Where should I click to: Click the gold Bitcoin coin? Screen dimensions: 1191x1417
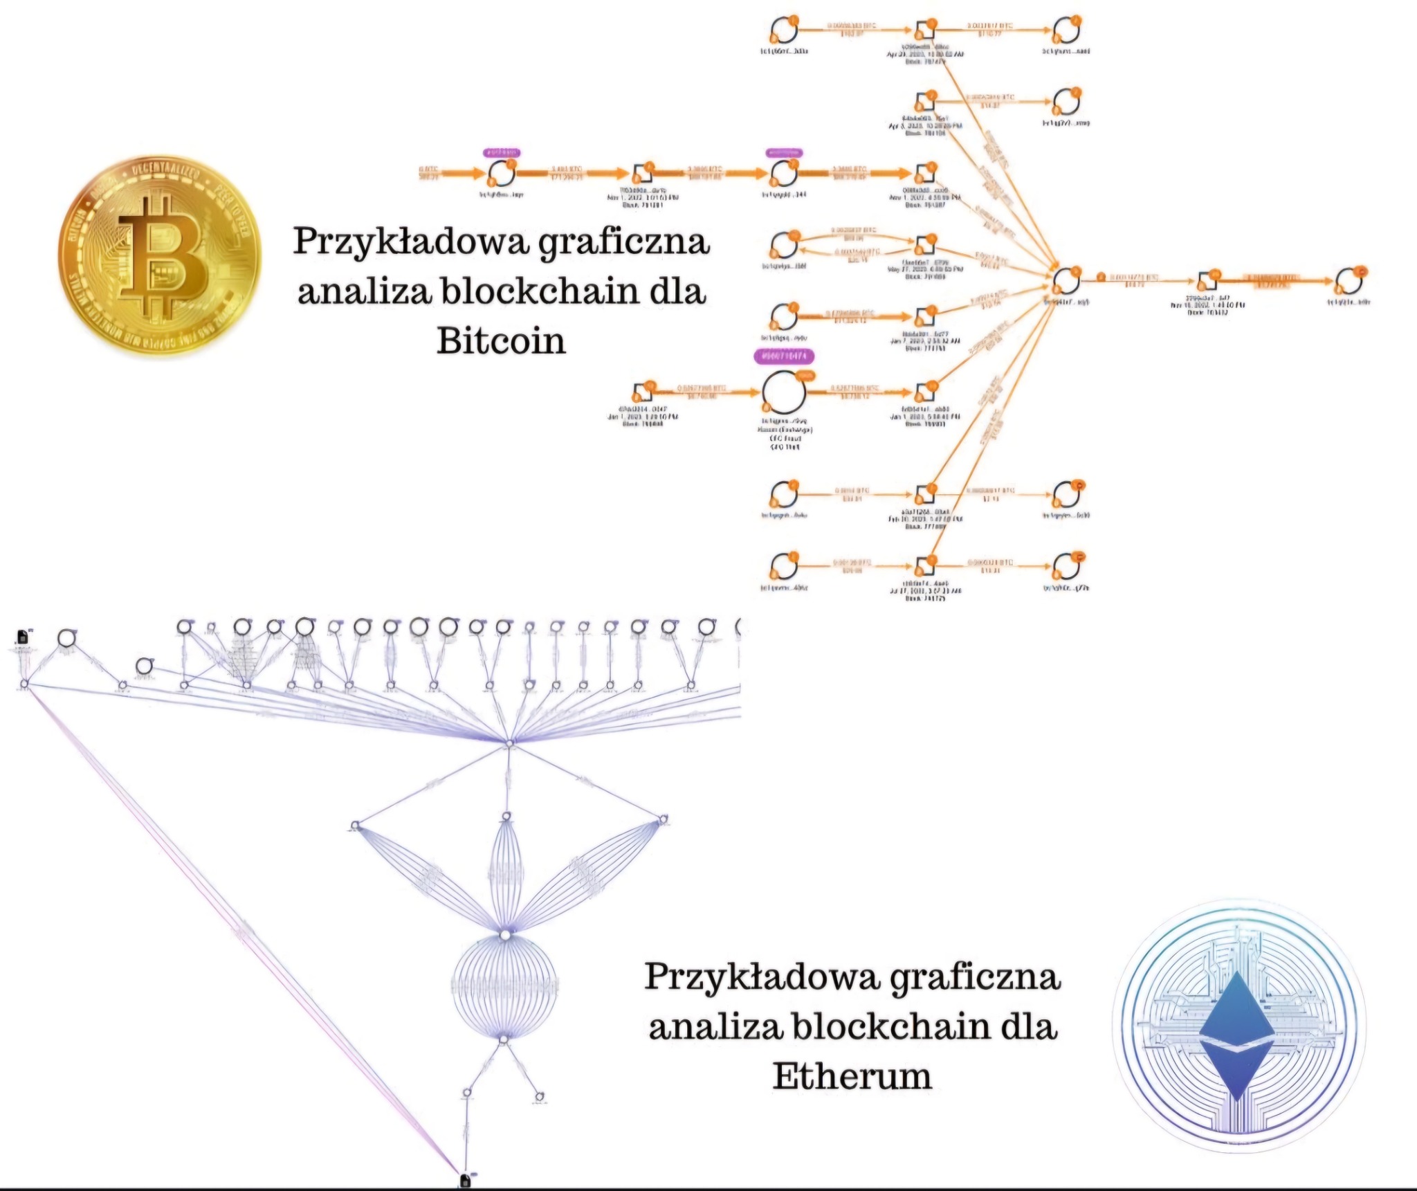pos(160,255)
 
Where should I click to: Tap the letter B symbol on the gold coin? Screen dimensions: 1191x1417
pos(163,256)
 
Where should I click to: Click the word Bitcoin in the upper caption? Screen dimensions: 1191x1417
pos(501,340)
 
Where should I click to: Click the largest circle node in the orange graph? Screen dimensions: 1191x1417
pos(784,392)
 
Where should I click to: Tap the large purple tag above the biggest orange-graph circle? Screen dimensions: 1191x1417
pos(784,356)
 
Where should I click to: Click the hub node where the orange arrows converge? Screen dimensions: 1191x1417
pos(1066,281)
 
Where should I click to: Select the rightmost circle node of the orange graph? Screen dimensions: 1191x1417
pos(1349,281)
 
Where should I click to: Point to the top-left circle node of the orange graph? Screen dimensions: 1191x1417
pos(784,31)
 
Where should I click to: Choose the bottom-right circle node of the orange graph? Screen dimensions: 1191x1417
pos(1066,567)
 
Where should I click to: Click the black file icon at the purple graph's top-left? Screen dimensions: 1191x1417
pos(22,636)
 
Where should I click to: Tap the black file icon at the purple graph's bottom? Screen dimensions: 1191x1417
pos(465,1180)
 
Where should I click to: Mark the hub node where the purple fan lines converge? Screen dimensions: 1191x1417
pos(509,743)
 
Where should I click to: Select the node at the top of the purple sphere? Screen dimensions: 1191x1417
pos(506,935)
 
